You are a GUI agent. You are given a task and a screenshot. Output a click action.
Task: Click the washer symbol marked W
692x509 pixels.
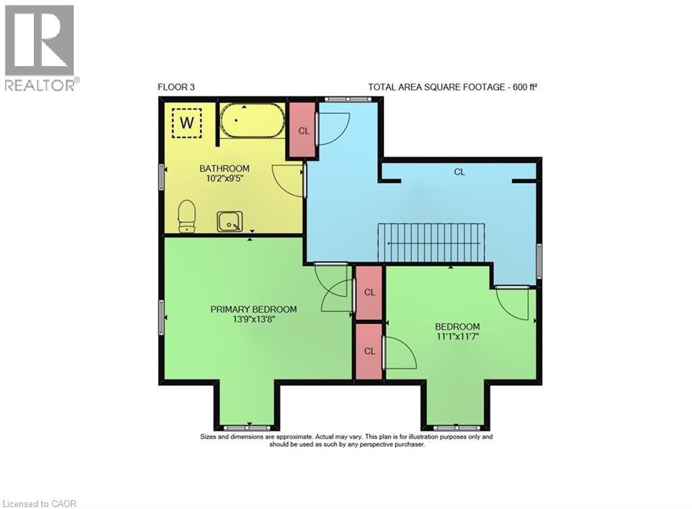pos(187,123)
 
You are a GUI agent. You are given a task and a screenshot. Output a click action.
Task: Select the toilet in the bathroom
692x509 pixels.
pos(187,217)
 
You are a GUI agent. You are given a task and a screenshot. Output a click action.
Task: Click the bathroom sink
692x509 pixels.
pos(230,221)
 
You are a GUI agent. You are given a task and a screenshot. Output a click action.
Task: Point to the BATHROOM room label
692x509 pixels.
pos(224,168)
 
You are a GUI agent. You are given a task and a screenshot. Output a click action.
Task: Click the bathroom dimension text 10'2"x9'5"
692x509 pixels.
pos(224,178)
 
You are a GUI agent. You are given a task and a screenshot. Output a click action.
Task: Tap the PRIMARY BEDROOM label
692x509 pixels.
pos(253,309)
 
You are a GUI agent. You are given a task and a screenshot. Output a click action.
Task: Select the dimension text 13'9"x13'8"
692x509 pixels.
pos(253,319)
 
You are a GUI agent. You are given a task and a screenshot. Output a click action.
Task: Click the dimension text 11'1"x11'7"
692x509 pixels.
pos(458,337)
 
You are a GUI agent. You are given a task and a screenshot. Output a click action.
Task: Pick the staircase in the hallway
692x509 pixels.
pos(431,243)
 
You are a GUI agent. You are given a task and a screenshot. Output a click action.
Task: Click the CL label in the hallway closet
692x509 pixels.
pos(460,172)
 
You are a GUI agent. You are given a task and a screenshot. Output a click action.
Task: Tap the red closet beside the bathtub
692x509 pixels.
pos(302,130)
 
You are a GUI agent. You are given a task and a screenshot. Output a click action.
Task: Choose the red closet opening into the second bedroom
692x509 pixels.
pos(369,351)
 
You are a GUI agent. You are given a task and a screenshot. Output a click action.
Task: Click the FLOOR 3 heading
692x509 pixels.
pos(176,87)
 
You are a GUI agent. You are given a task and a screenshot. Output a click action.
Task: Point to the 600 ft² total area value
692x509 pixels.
pos(524,87)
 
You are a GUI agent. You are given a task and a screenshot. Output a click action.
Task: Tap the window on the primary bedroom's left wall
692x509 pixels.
pos(162,317)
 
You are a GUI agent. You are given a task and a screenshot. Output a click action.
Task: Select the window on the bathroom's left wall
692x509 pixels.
pos(162,177)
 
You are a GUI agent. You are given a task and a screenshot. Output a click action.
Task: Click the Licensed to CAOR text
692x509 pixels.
pos(39,504)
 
